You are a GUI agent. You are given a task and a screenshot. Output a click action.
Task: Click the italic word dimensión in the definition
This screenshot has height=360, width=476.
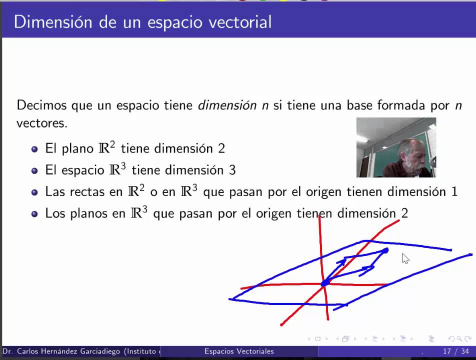click(x=228, y=105)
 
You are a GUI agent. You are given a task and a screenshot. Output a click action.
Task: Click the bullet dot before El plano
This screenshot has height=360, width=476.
click(x=34, y=149)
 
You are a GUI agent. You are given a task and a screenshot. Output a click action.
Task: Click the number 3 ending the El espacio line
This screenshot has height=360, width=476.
click(x=232, y=170)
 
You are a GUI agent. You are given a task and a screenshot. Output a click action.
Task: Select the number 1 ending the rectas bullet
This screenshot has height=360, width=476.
click(x=454, y=191)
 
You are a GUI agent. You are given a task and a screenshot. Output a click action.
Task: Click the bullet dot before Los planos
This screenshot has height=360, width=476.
click(x=34, y=214)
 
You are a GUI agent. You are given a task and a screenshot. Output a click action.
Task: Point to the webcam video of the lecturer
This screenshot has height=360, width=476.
click(x=396, y=147)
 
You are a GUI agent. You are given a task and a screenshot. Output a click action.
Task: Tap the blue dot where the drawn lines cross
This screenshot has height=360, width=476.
click(x=325, y=283)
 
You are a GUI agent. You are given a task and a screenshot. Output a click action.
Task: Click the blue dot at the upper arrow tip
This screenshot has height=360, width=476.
click(x=385, y=250)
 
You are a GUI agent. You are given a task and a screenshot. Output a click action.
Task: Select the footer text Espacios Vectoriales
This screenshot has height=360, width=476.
click(x=239, y=351)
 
